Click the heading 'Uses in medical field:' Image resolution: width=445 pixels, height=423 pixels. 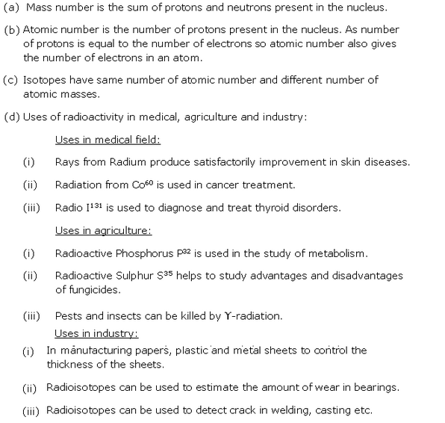(x=108, y=139)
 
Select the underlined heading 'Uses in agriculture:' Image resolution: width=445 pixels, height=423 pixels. (x=103, y=231)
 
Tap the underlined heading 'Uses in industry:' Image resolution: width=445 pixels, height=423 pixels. (x=96, y=333)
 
